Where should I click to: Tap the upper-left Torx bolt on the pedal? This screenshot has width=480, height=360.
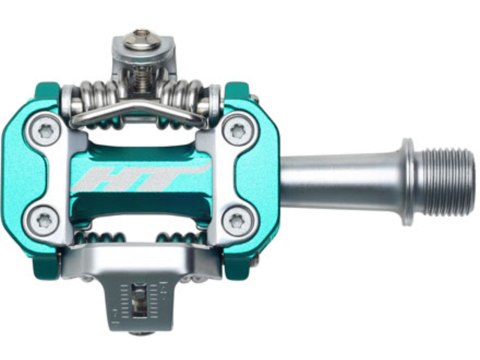coord(46,131)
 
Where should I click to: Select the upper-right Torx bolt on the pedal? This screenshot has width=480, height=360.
coord(236,131)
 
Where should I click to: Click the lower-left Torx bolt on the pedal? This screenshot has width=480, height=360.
coord(46,219)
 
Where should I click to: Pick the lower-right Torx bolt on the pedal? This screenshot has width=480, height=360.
coord(236,219)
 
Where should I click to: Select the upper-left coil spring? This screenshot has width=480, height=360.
coord(100,99)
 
